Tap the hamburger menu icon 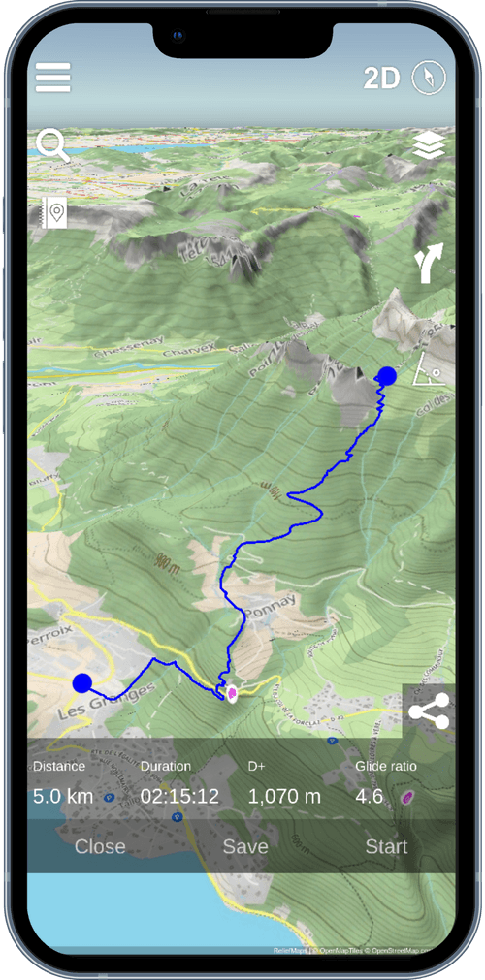click(53, 78)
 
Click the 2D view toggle click(381, 79)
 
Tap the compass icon click(429, 78)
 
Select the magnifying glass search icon click(52, 145)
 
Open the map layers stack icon click(429, 145)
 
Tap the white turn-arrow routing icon click(429, 263)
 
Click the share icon click(429, 711)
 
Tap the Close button click(100, 846)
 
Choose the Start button click(386, 846)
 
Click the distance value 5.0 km click(63, 797)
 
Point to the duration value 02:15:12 click(179, 797)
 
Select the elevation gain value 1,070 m click(284, 797)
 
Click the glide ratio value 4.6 click(370, 797)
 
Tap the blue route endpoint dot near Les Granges click(82, 682)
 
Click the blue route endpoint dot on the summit click(387, 375)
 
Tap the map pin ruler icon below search click(53, 212)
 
